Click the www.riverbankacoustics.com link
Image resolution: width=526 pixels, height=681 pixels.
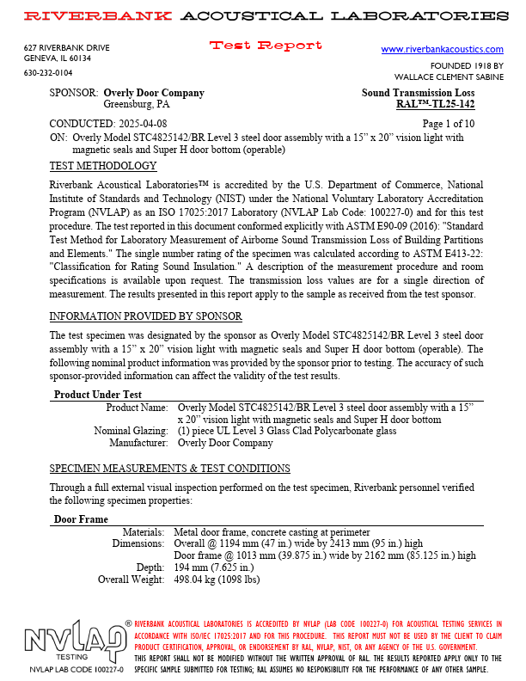442,50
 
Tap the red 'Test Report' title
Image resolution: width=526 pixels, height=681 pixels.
266,46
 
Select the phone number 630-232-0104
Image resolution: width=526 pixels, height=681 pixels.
48,73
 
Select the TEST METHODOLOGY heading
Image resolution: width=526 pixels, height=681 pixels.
103,166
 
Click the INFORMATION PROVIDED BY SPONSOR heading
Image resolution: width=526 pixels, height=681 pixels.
145,316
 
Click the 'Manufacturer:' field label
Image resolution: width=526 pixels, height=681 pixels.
138,443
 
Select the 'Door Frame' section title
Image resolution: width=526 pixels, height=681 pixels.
81,519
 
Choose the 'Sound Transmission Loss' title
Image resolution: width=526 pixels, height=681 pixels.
417,93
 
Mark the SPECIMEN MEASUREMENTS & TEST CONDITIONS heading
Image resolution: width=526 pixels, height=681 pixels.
169,469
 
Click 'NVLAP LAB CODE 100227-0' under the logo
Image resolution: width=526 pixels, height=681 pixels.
76,669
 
